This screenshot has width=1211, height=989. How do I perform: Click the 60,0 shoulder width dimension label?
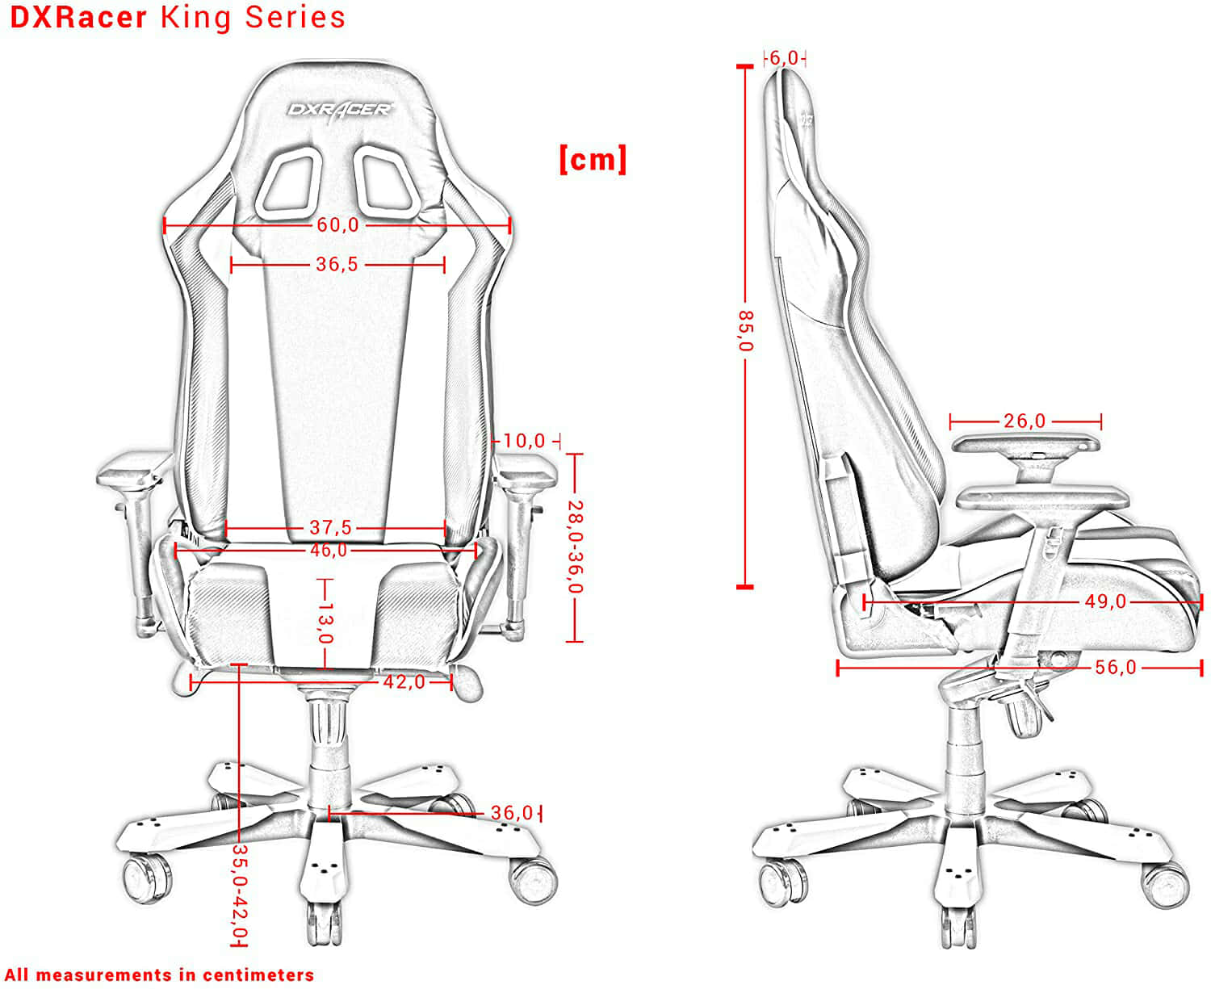click(337, 224)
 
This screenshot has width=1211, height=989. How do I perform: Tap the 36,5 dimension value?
click(337, 264)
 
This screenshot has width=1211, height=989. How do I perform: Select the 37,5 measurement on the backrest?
click(330, 527)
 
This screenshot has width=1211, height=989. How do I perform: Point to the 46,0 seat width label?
click(329, 551)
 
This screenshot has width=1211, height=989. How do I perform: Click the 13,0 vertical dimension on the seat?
click(325, 622)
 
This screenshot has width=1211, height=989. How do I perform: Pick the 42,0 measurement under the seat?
click(404, 681)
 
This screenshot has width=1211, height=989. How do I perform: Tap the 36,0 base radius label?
click(512, 813)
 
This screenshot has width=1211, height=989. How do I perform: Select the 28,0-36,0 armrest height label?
click(575, 547)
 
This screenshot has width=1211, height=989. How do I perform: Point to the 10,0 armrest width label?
click(524, 441)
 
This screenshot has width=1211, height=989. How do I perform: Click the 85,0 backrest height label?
click(745, 331)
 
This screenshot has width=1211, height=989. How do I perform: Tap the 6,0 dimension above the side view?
click(784, 57)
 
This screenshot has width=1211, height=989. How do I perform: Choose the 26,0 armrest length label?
click(1025, 421)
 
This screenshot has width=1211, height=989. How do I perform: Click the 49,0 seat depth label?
click(1105, 601)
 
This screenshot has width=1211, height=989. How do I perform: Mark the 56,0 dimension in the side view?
click(1116, 667)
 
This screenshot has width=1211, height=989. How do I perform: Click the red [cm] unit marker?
click(593, 159)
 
